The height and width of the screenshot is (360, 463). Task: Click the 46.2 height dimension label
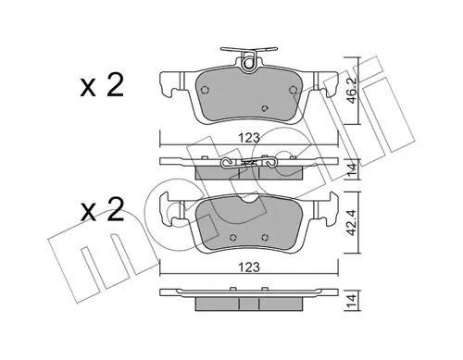[353, 91]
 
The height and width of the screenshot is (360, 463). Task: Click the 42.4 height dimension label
[353, 222]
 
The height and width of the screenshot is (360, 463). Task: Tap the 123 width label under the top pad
[249, 138]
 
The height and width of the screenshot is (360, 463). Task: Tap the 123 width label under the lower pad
[249, 267]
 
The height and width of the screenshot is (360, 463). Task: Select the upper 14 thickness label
[353, 168]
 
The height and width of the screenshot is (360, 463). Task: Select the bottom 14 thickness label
[353, 300]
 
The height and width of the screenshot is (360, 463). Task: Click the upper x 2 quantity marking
[102, 84]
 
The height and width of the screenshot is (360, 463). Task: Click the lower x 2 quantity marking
[102, 209]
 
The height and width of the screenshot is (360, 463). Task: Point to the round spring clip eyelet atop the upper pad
[248, 64]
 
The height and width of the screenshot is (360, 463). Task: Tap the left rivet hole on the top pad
[205, 90]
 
